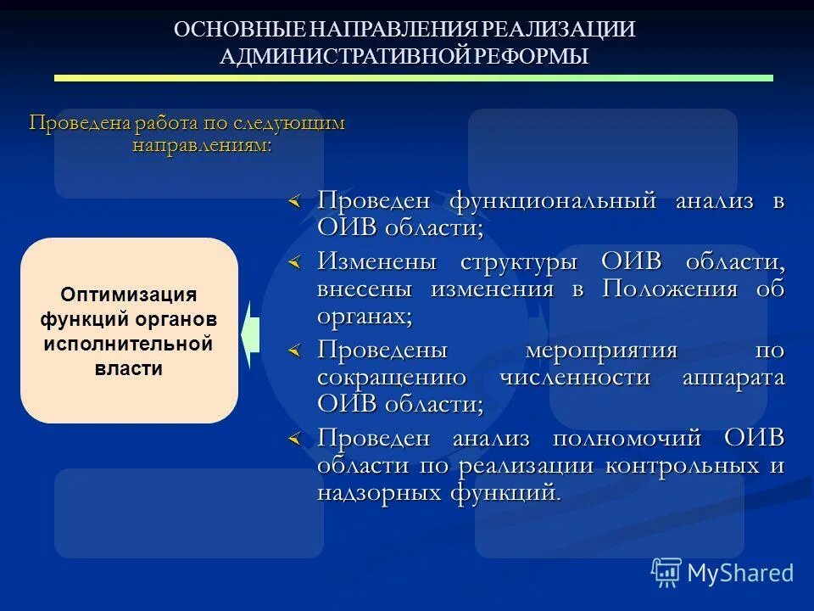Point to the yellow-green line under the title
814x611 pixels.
point(413,78)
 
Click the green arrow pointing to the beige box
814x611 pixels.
point(248,334)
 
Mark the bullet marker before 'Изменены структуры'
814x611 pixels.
point(293,264)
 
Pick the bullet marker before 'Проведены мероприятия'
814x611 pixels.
point(293,351)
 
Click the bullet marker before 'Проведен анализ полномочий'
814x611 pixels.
point(293,440)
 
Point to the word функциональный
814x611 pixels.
point(553,202)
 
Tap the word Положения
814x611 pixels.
point(668,289)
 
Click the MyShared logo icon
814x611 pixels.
point(666,573)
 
